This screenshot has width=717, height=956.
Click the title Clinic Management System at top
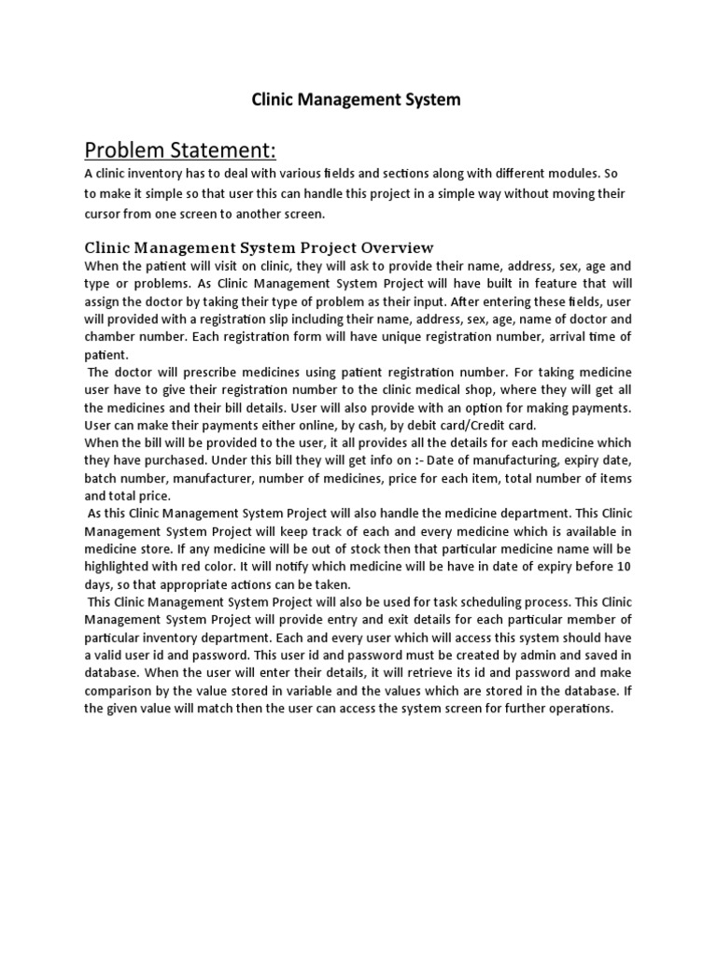[x=357, y=99]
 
